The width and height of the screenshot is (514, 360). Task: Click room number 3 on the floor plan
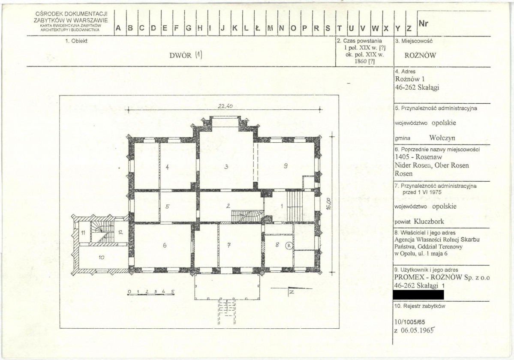(x=226, y=167)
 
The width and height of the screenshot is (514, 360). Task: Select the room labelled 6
(x=165, y=245)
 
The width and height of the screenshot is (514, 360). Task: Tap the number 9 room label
(x=286, y=166)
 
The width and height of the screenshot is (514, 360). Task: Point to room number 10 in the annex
(x=101, y=258)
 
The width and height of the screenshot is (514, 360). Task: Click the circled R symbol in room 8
(x=289, y=245)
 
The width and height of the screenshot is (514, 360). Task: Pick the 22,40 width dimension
(x=225, y=106)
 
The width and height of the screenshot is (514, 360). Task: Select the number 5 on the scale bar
(x=172, y=291)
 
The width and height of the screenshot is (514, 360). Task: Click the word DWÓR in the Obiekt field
(x=180, y=55)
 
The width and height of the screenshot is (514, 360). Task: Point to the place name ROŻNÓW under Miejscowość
(x=420, y=55)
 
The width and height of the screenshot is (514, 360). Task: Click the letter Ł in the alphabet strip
(x=258, y=28)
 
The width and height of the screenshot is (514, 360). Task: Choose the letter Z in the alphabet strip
(x=409, y=28)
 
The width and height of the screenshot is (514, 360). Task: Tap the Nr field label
(x=423, y=23)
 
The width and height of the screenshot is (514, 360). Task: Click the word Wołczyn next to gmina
(x=442, y=138)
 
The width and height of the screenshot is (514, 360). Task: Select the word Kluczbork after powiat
(x=429, y=221)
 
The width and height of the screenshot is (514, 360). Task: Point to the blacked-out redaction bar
(x=418, y=295)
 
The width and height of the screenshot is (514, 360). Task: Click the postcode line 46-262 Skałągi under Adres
(x=417, y=87)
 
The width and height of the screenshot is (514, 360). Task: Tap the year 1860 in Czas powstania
(x=360, y=61)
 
